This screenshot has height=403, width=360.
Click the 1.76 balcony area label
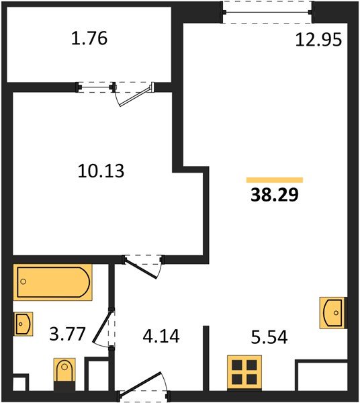[89, 39]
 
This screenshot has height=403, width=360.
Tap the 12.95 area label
[319, 40]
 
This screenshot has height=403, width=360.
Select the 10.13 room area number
[102, 171]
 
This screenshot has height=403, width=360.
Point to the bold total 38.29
[274, 196]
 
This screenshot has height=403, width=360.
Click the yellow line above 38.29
[274, 180]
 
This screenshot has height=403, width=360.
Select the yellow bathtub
[53, 282]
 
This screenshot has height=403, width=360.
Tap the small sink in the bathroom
[23, 324]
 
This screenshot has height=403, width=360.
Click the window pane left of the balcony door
[95, 86]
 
